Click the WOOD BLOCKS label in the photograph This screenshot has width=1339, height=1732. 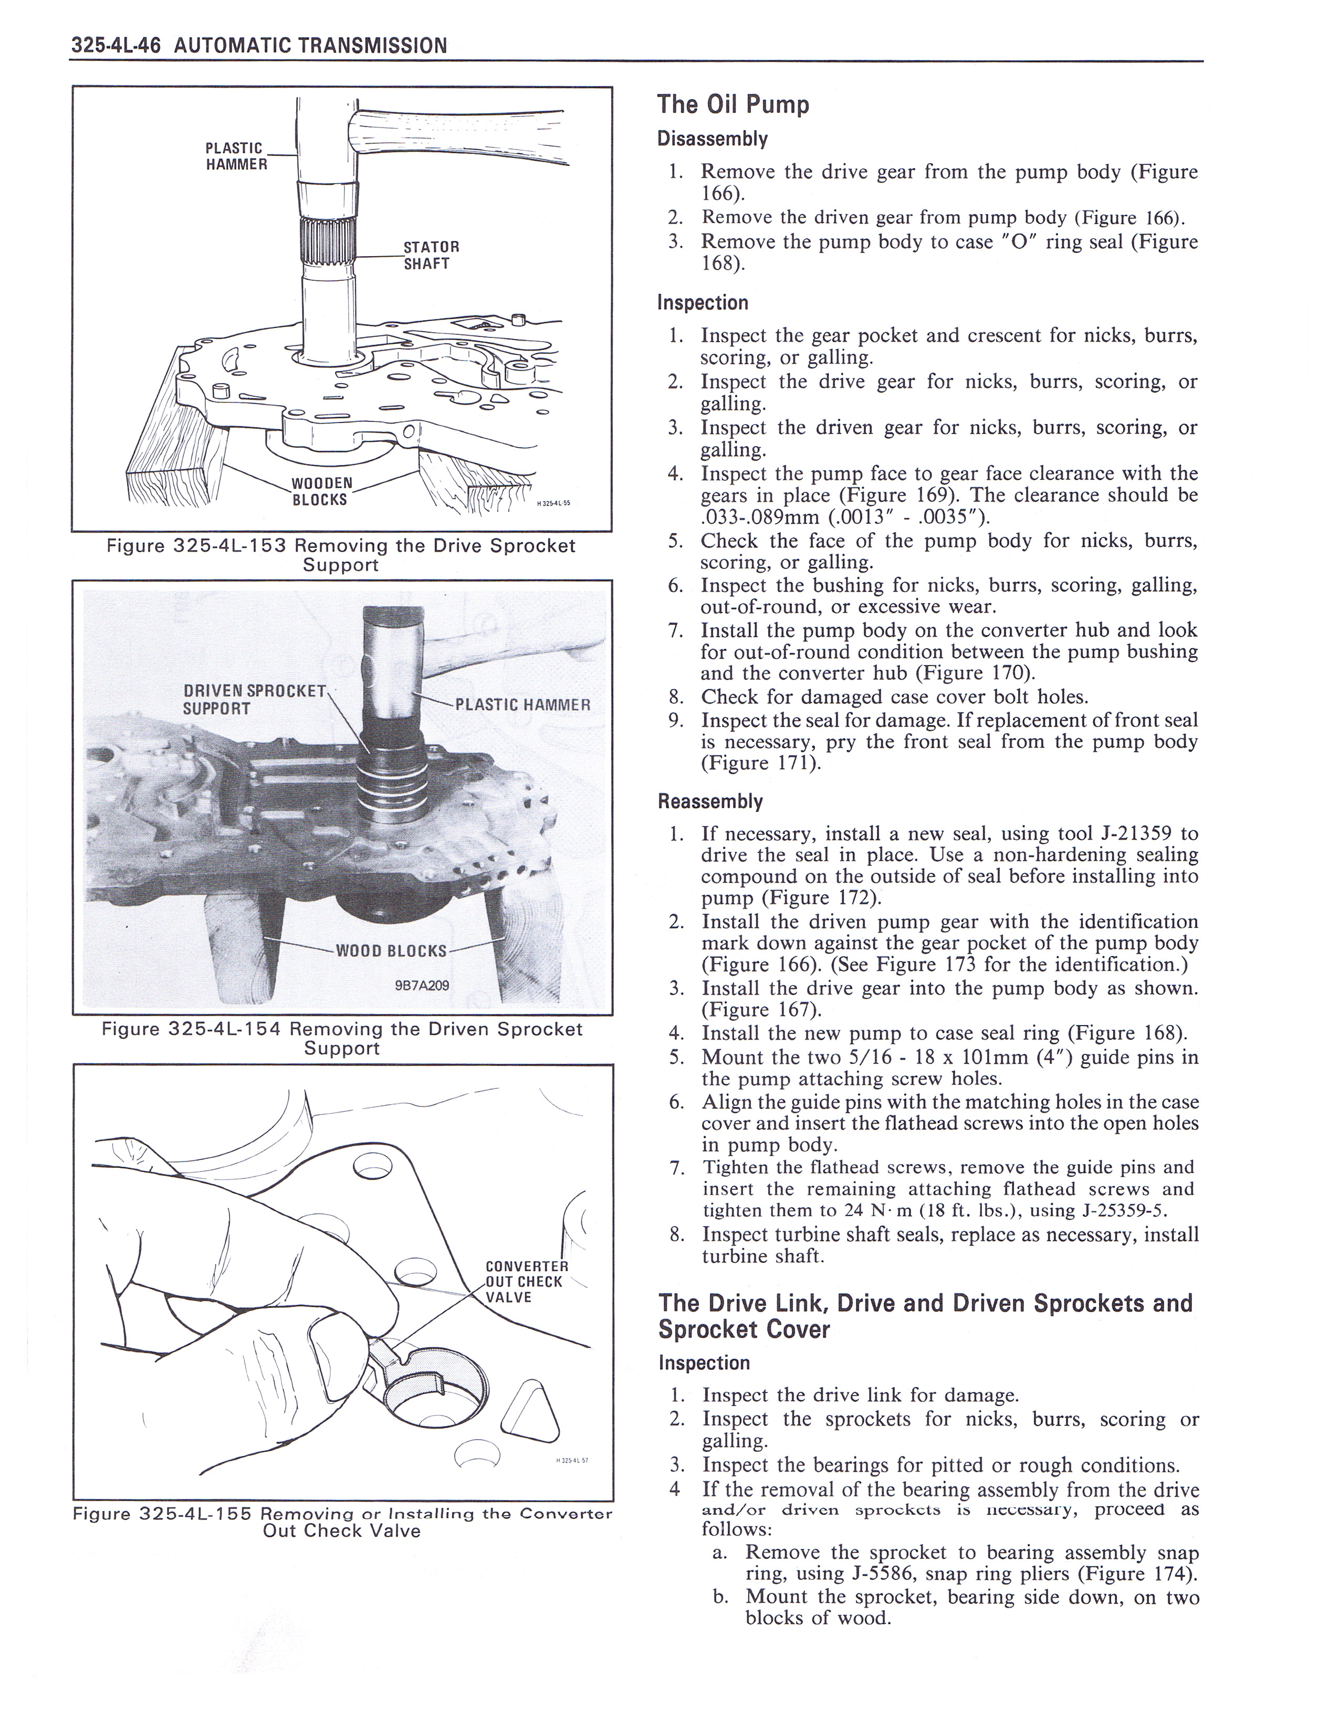(x=391, y=951)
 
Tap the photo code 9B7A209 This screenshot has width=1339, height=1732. (x=421, y=986)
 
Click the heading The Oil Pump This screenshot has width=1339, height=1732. (x=733, y=104)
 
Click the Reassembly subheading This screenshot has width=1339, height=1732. (x=710, y=802)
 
